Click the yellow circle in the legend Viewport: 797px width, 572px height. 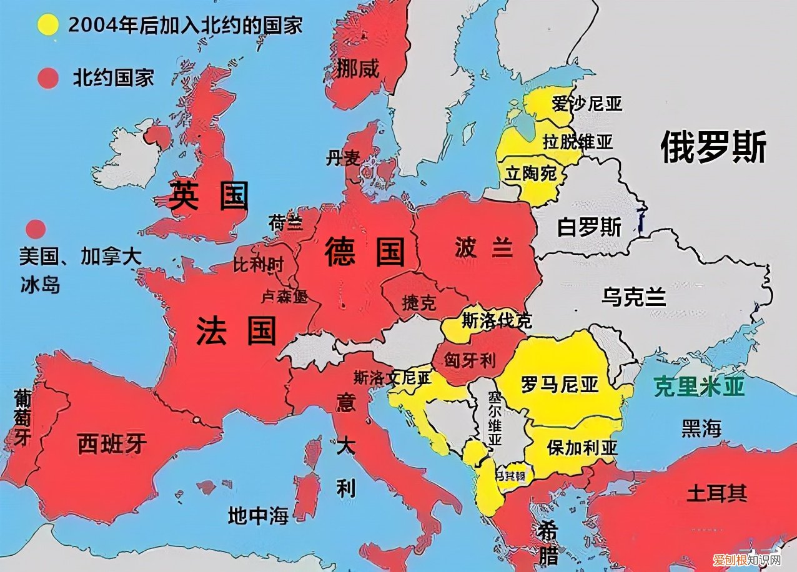tap(48, 24)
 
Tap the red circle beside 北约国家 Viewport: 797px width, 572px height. tap(48, 78)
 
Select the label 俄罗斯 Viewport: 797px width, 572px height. tap(713, 147)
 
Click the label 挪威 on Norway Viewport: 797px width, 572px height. tap(357, 68)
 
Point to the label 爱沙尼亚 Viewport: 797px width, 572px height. tap(587, 104)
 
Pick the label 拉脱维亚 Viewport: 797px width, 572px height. tap(578, 142)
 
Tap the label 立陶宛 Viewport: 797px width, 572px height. tap(531, 173)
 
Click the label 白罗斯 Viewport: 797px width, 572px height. tap(589, 227)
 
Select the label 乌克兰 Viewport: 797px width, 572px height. tap(634, 296)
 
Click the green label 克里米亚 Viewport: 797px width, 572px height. tap(700, 387)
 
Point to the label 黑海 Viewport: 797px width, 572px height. tap(701, 428)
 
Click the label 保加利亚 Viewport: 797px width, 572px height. tap(582, 448)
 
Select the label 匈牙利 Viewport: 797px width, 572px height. tap(470, 360)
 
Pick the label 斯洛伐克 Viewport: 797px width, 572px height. tap(497, 321)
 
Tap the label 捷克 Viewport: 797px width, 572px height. tap(419, 303)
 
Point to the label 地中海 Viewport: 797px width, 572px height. tap(258, 516)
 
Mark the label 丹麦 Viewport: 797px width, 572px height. tap(343, 159)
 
